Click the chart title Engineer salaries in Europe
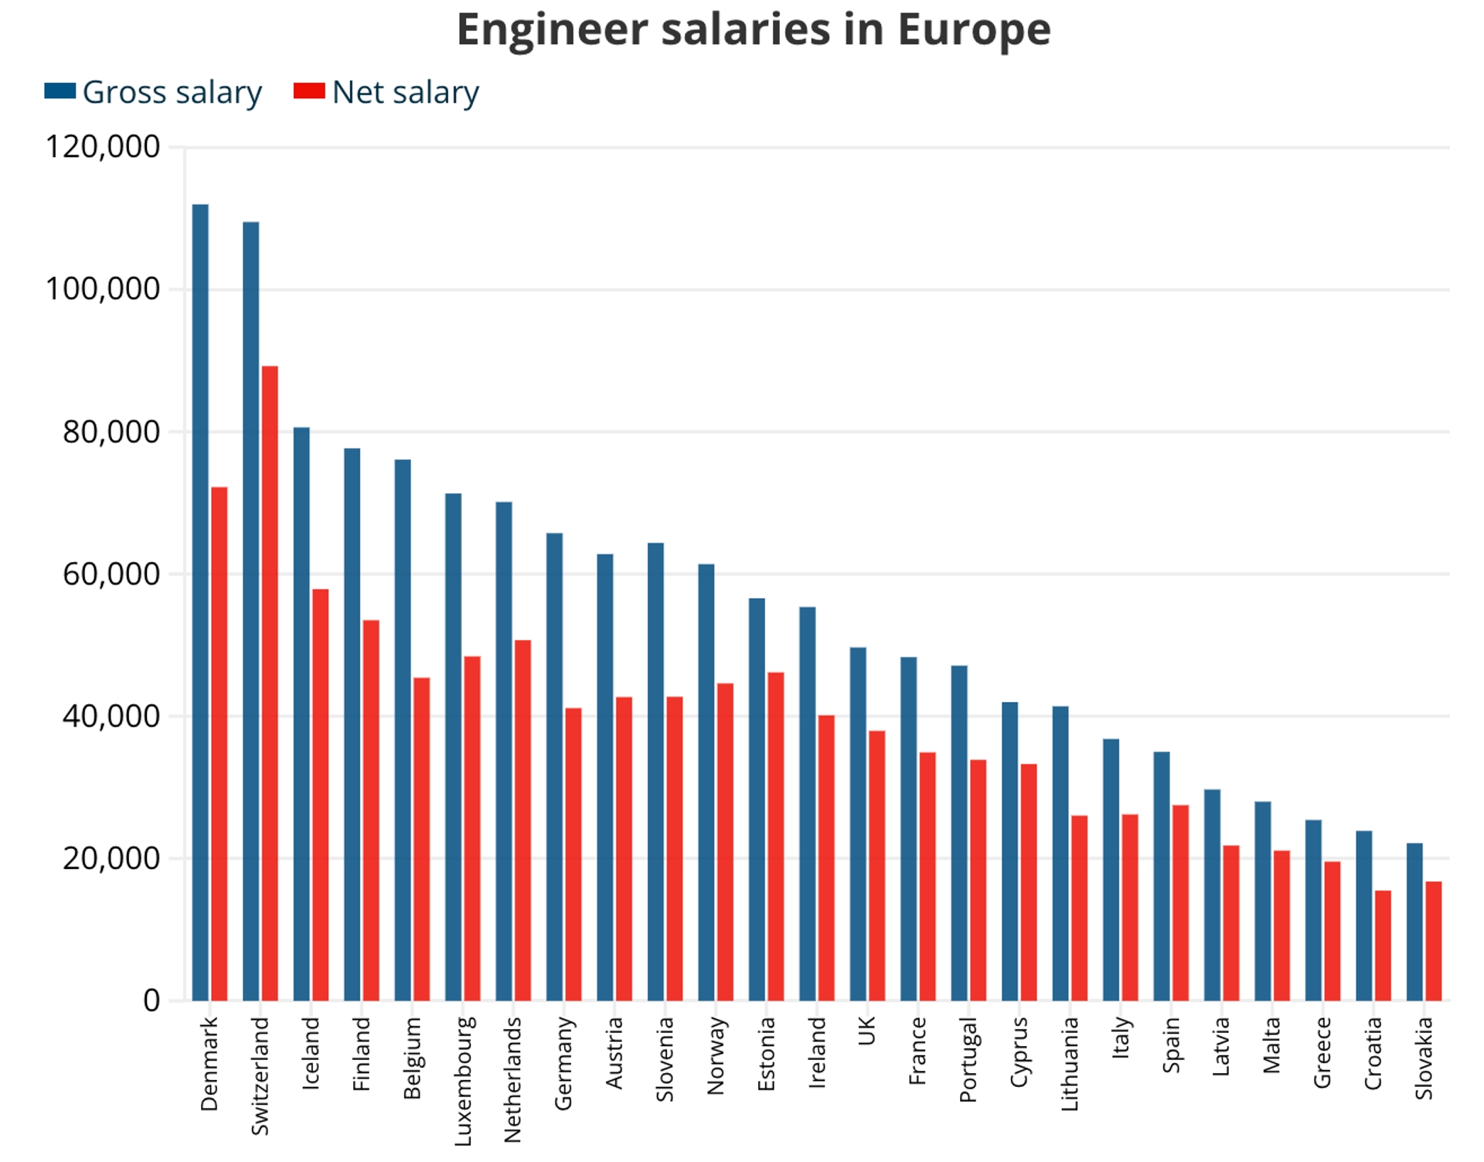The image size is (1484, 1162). pyautogui.click(x=754, y=29)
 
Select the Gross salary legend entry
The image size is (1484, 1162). pyautogui.click(x=154, y=92)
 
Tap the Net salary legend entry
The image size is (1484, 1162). pyautogui.click(x=387, y=92)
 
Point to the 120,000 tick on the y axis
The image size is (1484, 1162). pyautogui.click(x=102, y=146)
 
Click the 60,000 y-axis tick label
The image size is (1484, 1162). pyautogui.click(x=111, y=574)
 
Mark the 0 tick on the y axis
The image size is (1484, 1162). pyautogui.click(x=151, y=1000)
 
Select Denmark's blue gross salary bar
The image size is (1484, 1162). pyautogui.click(x=200, y=603)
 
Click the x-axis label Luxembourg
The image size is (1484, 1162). pyautogui.click(x=462, y=1081)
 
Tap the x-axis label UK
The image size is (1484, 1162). pyautogui.click(x=866, y=1031)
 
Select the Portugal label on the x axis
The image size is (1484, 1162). pyautogui.click(x=968, y=1059)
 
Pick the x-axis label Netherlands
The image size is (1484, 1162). pyautogui.click(x=512, y=1079)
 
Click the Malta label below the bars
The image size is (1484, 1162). pyautogui.click(x=1271, y=1045)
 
